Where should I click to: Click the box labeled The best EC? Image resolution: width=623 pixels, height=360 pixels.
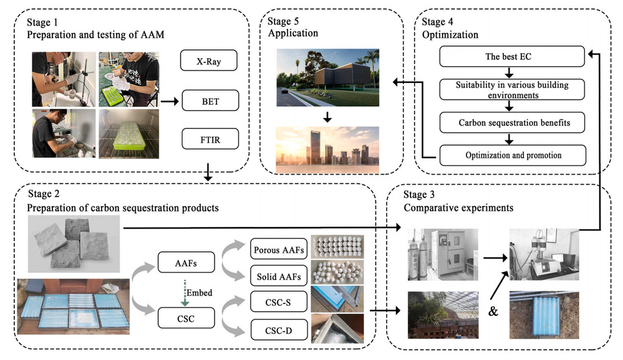(x=513, y=57)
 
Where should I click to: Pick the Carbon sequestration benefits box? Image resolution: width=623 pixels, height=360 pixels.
(x=513, y=122)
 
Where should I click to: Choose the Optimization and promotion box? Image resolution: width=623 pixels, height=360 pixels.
(x=513, y=155)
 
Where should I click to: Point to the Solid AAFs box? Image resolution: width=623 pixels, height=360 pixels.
(x=278, y=276)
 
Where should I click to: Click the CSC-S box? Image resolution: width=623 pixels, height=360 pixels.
(x=278, y=303)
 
